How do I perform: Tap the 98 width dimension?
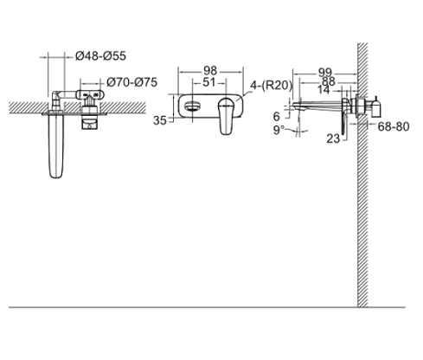[x=209, y=71]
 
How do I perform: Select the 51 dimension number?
[x=209, y=83]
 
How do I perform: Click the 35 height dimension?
[x=160, y=121]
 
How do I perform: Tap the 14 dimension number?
[x=324, y=91]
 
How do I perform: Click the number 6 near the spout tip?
[x=277, y=115]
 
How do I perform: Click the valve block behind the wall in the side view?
[x=375, y=106]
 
